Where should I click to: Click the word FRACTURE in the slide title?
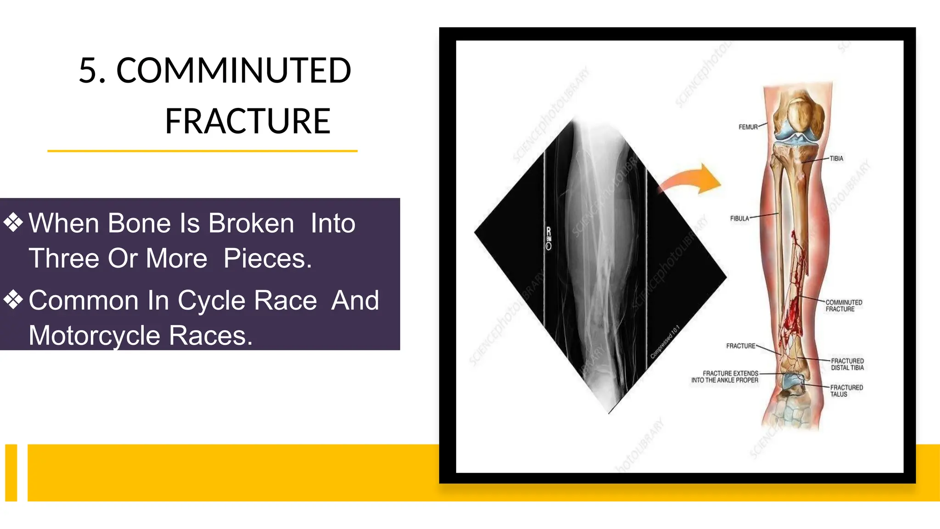tap(247, 121)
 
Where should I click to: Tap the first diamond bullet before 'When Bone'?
tap(13, 223)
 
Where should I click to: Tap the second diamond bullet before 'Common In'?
tap(13, 300)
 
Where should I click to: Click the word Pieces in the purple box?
tap(268, 259)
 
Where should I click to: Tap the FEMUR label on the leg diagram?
tap(748, 127)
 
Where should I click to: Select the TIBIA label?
tap(836, 158)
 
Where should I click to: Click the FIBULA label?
tap(739, 219)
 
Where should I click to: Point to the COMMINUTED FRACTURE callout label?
tap(843, 306)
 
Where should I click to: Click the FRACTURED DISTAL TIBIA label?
tap(847, 365)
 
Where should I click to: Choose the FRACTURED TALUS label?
tap(846, 391)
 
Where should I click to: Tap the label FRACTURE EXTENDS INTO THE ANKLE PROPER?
tap(725, 377)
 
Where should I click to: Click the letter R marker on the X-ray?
tap(548, 231)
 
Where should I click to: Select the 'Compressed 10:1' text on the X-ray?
tap(665, 342)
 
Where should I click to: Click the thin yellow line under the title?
tap(202, 151)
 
